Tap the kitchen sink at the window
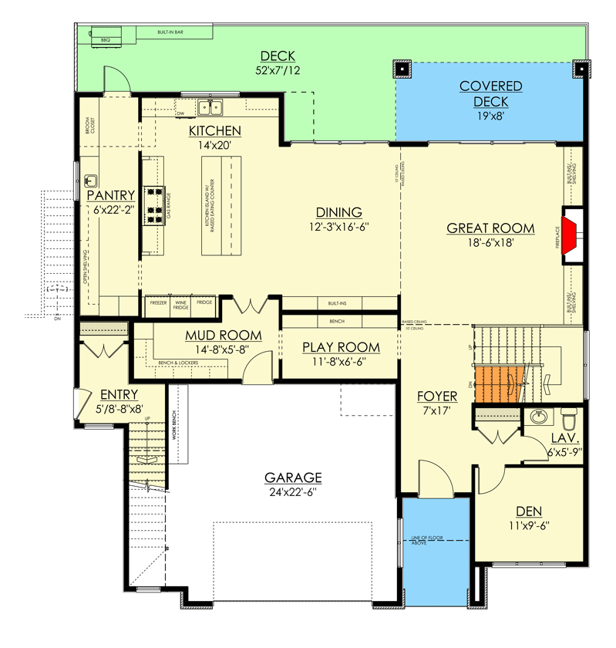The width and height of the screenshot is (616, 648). [x=209, y=107]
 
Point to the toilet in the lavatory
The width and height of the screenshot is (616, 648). [x=569, y=420]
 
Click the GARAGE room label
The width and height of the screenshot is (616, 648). [x=292, y=478]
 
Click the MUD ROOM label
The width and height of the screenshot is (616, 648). [x=223, y=336]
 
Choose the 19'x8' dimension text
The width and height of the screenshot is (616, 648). [x=490, y=117]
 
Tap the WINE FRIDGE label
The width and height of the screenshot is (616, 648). [x=181, y=305]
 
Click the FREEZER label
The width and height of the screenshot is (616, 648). [x=157, y=303]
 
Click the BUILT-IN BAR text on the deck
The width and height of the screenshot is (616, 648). [x=170, y=33]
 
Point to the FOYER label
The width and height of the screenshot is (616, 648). [x=437, y=397]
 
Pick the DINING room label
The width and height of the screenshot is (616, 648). [x=339, y=212]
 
